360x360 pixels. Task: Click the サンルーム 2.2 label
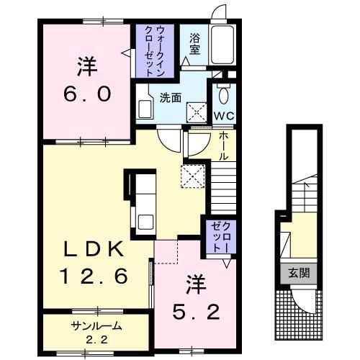(96, 330)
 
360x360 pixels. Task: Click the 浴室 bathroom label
(195, 45)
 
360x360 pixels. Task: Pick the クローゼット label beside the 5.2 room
(218, 237)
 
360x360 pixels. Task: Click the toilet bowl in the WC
(222, 94)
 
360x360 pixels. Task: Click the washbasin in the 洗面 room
(144, 109)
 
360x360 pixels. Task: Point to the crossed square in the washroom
(195, 109)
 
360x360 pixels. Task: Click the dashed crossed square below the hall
(192, 175)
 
